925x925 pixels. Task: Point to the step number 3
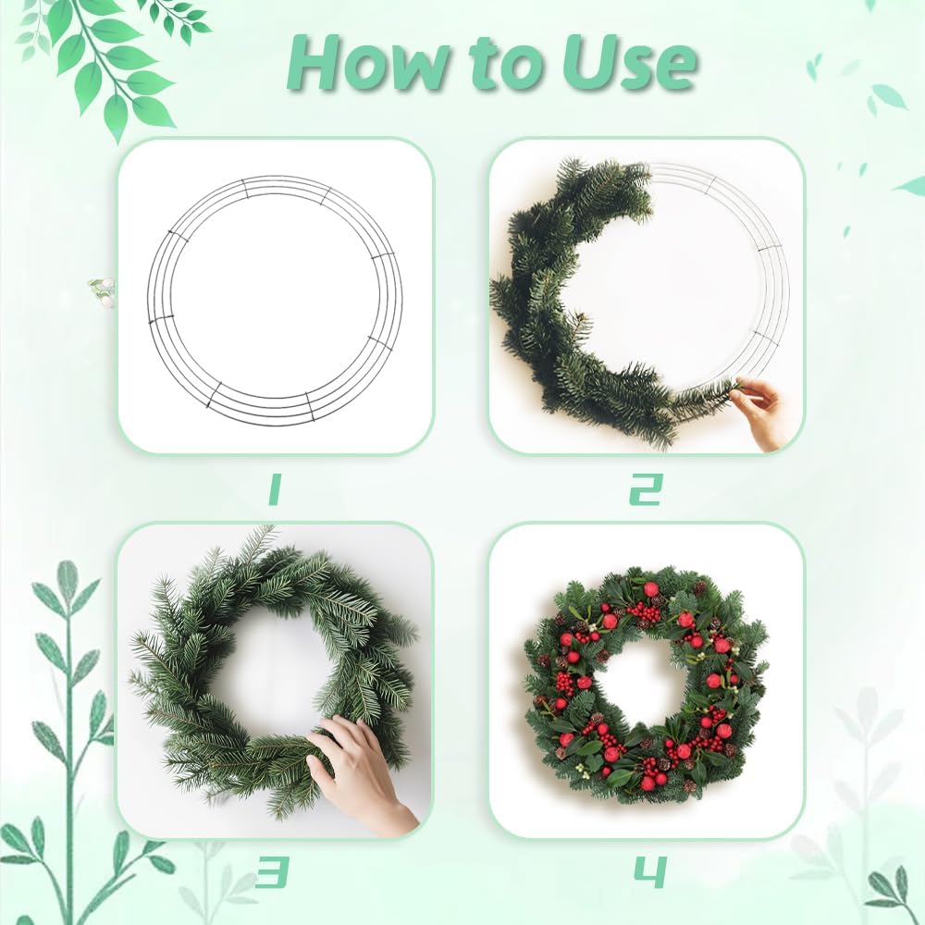(x=274, y=871)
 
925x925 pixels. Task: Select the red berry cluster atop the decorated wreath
(x=645, y=611)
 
